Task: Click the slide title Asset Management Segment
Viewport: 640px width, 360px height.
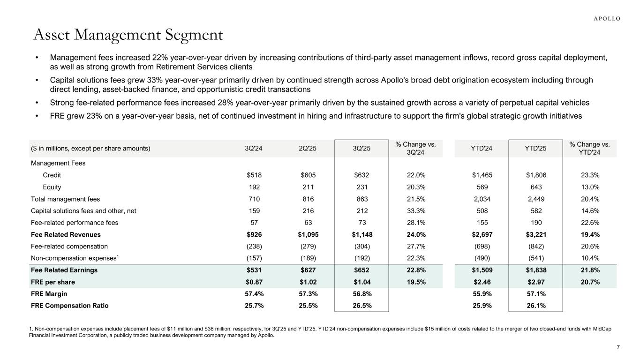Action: click(128, 35)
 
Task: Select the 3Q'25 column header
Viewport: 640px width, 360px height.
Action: click(361, 149)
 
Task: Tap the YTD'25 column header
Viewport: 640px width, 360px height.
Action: click(535, 149)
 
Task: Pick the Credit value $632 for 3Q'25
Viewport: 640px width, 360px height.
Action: click(361, 175)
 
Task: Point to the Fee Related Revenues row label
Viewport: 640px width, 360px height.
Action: click(66, 234)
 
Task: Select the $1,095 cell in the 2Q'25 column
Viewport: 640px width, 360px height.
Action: click(308, 234)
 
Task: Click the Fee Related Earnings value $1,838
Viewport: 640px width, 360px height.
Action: click(535, 270)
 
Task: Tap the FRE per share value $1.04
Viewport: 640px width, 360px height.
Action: click(361, 282)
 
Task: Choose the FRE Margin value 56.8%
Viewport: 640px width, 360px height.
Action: click(361, 294)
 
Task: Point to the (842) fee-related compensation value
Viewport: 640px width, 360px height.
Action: click(535, 246)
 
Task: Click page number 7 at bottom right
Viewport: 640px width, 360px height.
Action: click(618, 347)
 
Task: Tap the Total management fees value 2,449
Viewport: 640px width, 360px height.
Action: click(535, 199)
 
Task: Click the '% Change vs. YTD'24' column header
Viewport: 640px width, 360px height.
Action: click(589, 149)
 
